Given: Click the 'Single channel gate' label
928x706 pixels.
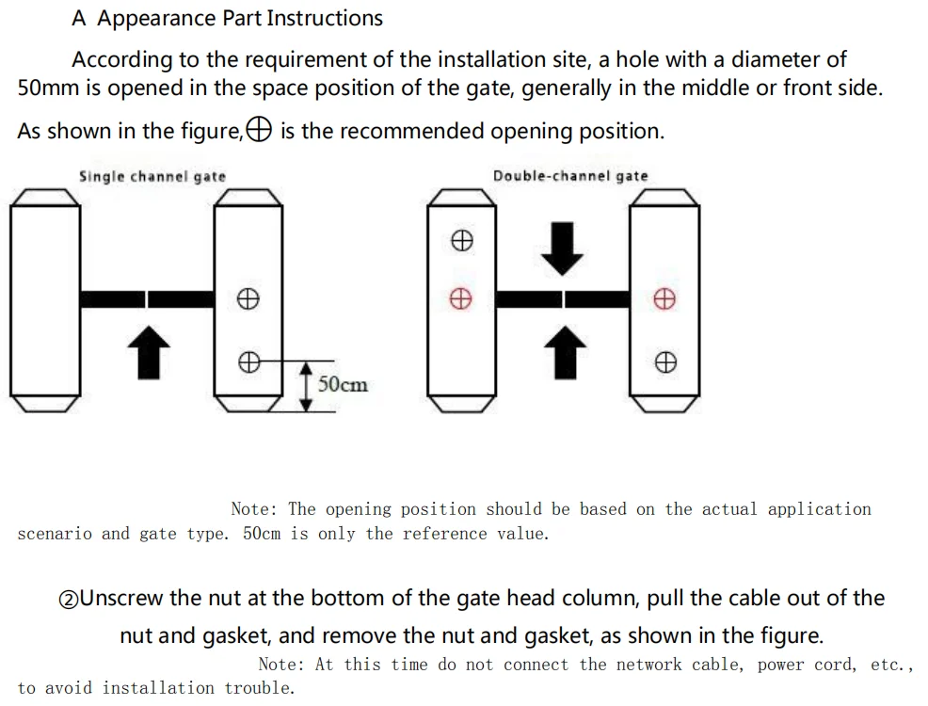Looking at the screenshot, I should coord(152,176).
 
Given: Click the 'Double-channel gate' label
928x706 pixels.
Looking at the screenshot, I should coord(570,176).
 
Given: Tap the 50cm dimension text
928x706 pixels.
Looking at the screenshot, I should coord(343,384).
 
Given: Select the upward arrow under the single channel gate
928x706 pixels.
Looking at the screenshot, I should coord(149,350).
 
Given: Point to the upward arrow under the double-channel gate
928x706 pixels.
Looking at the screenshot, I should coord(564,350).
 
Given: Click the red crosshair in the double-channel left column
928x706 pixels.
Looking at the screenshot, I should coord(460,299).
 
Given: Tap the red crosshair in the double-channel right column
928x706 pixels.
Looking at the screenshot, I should coord(664,299).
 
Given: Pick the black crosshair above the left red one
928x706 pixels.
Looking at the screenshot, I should coord(460,241).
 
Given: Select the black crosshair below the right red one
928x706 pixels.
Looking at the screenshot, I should coord(664,361).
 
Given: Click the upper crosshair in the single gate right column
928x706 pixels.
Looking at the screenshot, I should coord(248,299).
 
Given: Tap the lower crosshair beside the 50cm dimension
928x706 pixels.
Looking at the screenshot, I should coord(248,361).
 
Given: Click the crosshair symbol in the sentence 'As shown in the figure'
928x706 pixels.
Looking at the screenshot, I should coord(260,131).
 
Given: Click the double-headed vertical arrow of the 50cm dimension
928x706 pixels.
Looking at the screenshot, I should coord(306,386).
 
